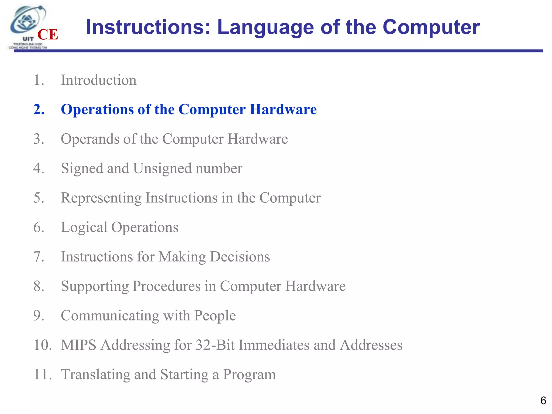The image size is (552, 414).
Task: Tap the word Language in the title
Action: click(x=265, y=27)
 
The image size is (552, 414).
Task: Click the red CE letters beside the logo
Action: click(x=48, y=35)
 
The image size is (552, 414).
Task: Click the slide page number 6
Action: click(x=543, y=401)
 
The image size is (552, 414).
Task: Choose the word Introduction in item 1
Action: click(x=99, y=80)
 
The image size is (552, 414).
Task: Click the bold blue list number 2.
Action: click(x=39, y=109)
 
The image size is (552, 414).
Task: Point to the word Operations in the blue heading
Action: click(x=97, y=109)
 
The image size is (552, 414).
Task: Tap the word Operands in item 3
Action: click(x=90, y=139)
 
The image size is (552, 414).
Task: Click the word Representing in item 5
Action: click(x=101, y=198)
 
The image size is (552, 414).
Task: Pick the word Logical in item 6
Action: click(x=84, y=227)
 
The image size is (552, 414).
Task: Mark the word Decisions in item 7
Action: click(x=240, y=257)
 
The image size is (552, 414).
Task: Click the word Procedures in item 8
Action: click(x=166, y=286)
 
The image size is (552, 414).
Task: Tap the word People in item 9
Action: click(x=215, y=315)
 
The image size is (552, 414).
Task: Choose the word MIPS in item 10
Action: click(x=79, y=345)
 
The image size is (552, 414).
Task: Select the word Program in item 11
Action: click(x=249, y=374)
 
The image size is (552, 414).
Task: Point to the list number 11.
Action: click(x=42, y=374)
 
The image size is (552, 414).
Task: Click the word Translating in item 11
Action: click(x=95, y=374)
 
